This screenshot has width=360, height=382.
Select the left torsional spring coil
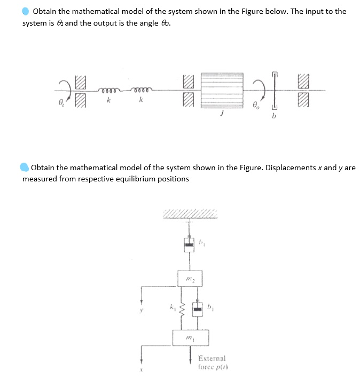point(109,90)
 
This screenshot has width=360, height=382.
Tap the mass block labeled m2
point(191,278)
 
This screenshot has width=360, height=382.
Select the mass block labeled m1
point(190,338)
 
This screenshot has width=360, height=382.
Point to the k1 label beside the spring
point(170,307)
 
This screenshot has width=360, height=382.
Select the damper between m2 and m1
point(198,309)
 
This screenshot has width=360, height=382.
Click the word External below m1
point(212,359)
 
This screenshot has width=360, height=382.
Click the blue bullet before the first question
point(26,11)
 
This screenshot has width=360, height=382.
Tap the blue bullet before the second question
point(25,168)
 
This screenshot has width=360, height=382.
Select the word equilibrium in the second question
point(126,179)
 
